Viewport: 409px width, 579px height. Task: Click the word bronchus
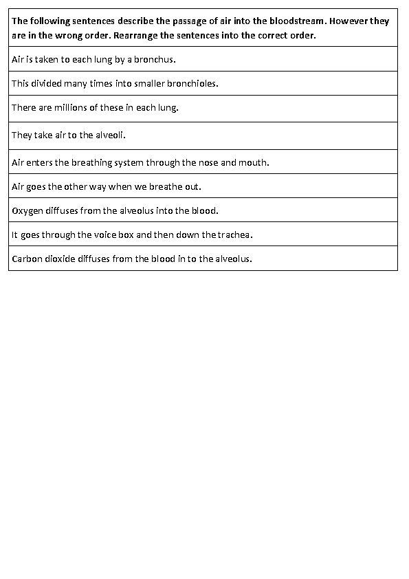pyautogui.click(x=155, y=60)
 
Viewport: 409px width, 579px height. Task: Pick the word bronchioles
pyautogui.click(x=192, y=84)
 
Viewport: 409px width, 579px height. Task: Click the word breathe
pyautogui.click(x=164, y=187)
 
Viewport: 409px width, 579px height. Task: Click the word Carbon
pyautogui.click(x=27, y=259)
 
